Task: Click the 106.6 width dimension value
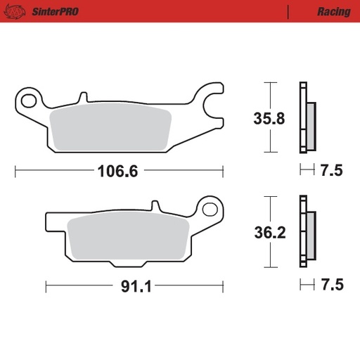[x=117, y=171]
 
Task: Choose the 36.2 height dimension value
[x=269, y=233]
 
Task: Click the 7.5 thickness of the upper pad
[x=330, y=170]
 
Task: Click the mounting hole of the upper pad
[x=28, y=100]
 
